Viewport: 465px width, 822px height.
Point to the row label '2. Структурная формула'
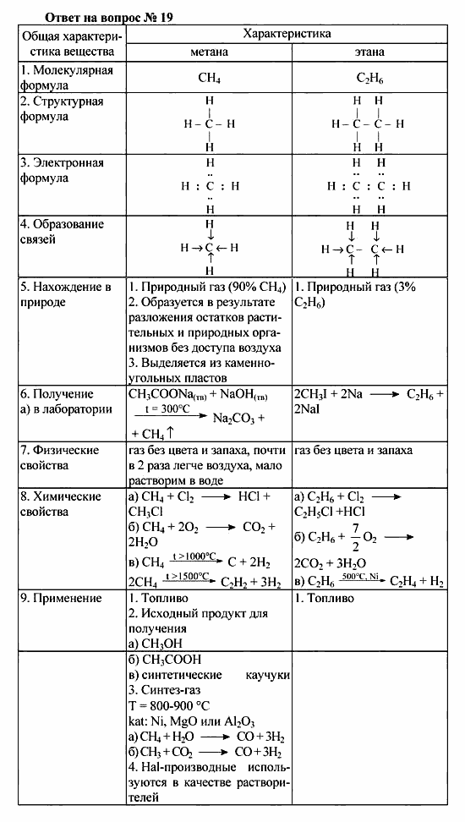(x=62, y=109)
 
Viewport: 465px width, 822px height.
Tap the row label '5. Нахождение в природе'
(x=65, y=294)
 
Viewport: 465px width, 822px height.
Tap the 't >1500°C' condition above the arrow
(x=188, y=575)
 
